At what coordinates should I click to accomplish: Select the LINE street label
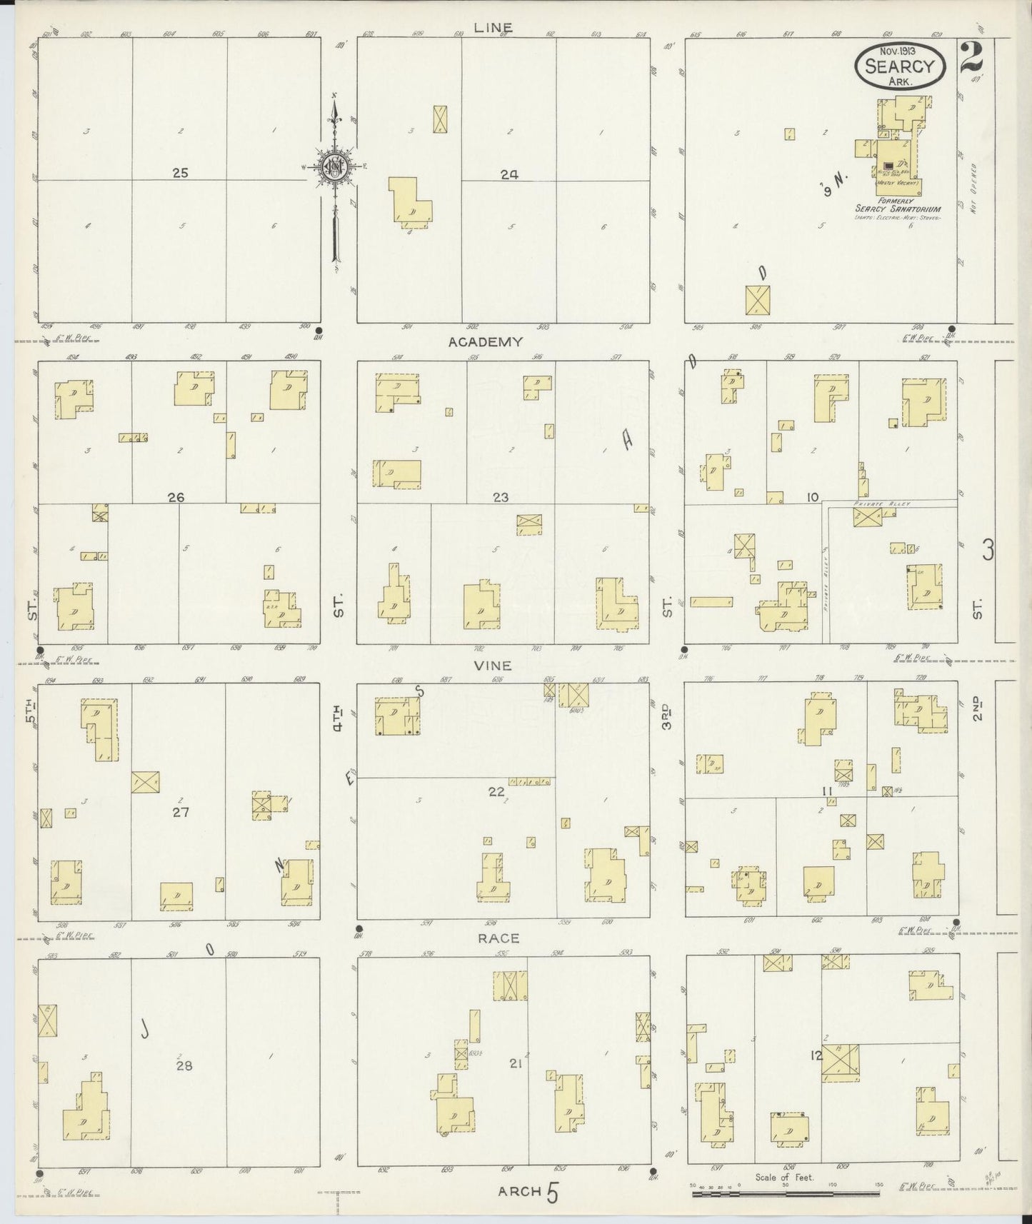pos(493,28)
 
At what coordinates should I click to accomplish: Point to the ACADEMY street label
pos(485,342)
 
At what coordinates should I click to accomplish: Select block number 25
pos(180,173)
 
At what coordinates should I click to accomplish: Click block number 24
pos(509,174)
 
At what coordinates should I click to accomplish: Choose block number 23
pos(500,498)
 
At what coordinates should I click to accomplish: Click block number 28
pos(184,1065)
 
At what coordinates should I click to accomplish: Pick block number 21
pos(514,1063)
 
